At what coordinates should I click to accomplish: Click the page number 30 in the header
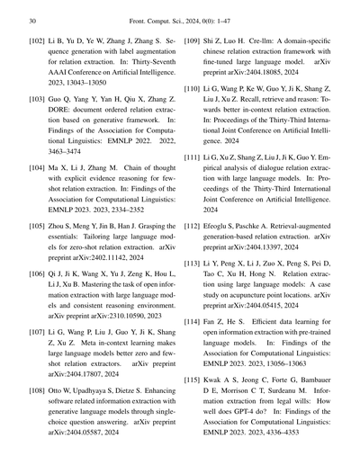coord(32,18)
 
